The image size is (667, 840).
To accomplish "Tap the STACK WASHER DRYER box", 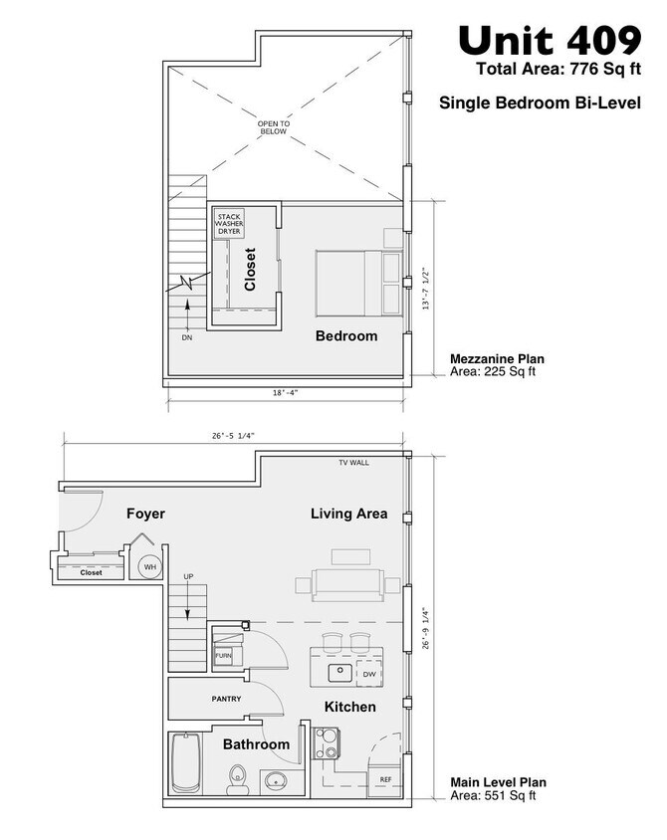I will coord(228,223).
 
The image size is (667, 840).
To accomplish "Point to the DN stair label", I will coord(186,338).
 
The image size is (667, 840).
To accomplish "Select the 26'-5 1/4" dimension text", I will coord(234,435).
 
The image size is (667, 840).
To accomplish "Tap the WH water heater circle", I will coord(149,567).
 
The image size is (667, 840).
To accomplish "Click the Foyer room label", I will coord(145,514).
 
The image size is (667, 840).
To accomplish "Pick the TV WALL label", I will coord(353,463).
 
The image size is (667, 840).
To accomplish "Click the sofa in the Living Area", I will coord(345,584).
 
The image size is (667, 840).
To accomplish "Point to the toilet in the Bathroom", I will coord(237,778).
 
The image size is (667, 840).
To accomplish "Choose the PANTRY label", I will coord(226,700).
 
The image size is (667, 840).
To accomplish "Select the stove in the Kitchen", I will coord(327,741).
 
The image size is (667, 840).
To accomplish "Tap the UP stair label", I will coord(190,577).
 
